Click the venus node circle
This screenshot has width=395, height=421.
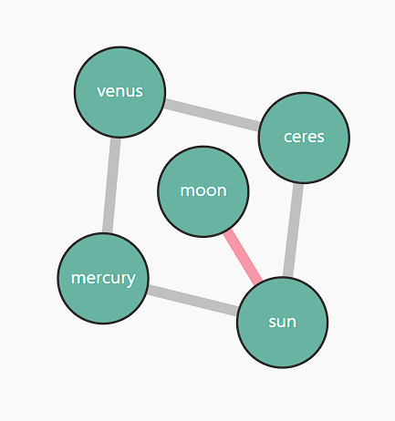pos(120,92)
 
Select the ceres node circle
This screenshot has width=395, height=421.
pos(304,138)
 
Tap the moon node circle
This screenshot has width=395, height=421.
pos(203,191)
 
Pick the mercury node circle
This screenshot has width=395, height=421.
pos(103,278)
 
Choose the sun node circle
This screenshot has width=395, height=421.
pos(282,323)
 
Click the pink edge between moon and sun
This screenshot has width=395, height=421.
pos(243,257)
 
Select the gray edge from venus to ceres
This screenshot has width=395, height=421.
pos(212,115)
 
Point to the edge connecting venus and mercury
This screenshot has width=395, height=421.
pos(111,185)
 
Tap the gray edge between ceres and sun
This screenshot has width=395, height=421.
pos(293,231)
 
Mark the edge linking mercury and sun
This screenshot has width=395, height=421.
pos(192,301)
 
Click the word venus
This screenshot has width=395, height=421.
pos(120,91)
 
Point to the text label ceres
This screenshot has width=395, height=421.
pos(304,137)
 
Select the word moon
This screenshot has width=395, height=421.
pos(203,190)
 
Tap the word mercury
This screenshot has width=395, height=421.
pos(103,279)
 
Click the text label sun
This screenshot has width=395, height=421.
pos(283,322)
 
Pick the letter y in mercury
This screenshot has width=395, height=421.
pos(131,280)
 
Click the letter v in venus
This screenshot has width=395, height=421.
pos(101,92)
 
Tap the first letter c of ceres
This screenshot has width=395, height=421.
pos(287,138)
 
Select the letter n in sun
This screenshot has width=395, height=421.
pos(292,323)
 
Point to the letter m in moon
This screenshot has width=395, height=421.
pos(187,191)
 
